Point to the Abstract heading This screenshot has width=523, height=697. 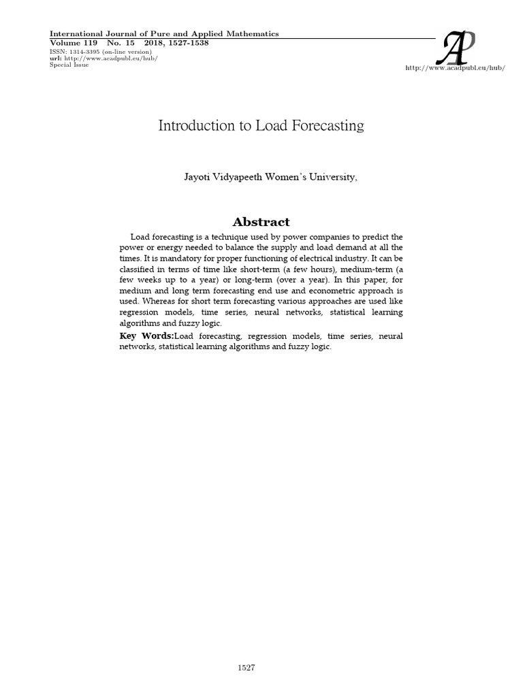[x=261, y=222]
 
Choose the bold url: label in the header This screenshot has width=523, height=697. [x=55, y=58]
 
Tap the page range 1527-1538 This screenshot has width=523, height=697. [x=185, y=42]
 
